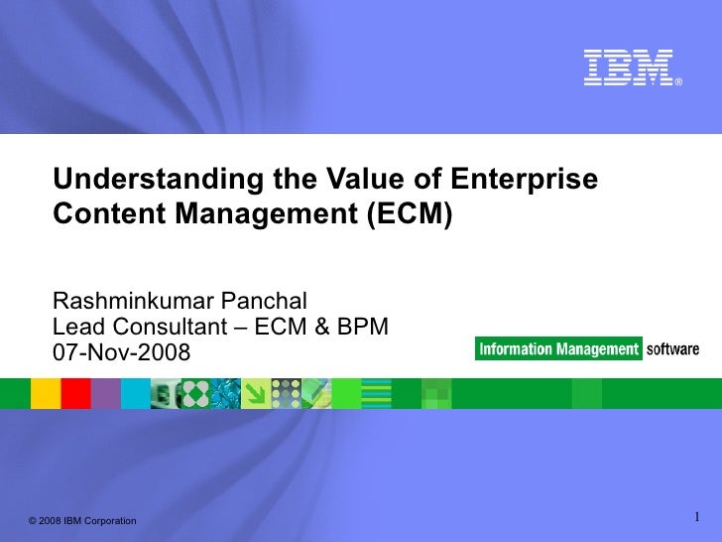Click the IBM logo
click(628, 67)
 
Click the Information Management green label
click(558, 349)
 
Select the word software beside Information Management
click(672, 349)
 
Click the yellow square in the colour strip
click(46, 394)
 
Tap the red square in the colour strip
click(75, 394)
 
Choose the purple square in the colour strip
click(106, 394)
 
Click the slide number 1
click(697, 516)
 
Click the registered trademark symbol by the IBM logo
click(678, 82)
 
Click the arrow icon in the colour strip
click(256, 394)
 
